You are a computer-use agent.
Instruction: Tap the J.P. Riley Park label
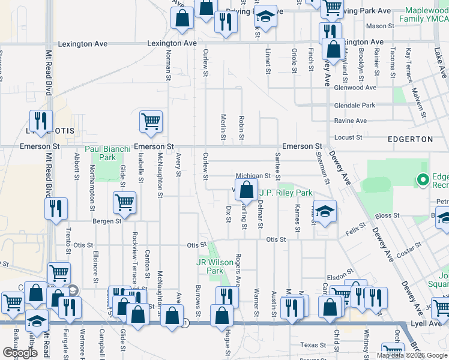(286, 193)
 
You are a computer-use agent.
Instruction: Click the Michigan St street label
(253, 176)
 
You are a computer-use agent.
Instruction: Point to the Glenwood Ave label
(355, 88)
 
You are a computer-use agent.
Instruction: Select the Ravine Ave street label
(351, 121)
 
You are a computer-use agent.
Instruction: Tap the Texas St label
(313, 345)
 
